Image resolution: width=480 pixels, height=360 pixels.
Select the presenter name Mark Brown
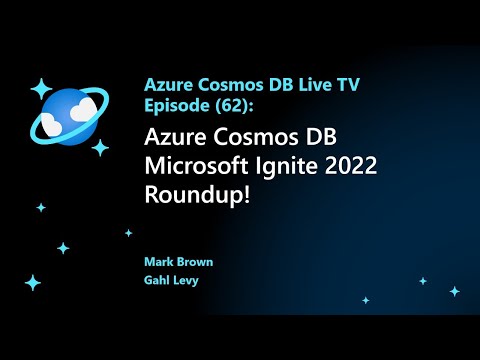click(178, 262)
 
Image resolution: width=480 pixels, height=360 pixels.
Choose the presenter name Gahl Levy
click(173, 279)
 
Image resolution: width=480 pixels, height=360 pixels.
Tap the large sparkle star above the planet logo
click(42, 88)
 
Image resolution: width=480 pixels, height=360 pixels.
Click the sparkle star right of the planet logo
click(100, 147)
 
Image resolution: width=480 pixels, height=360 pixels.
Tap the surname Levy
click(187, 279)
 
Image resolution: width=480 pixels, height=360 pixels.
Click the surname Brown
click(194, 262)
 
